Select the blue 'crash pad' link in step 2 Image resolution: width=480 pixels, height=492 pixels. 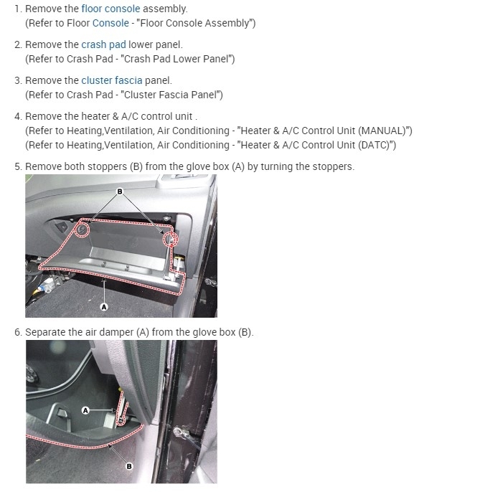point(103,44)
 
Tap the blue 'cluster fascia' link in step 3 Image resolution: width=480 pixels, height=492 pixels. point(111,80)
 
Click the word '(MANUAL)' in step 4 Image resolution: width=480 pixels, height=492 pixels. point(385,131)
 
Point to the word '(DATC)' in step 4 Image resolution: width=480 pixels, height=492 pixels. point(377,145)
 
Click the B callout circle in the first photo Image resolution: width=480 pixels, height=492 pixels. point(120,191)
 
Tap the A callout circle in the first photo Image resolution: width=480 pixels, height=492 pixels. point(105,306)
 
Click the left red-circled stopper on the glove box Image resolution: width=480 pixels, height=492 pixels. point(81,230)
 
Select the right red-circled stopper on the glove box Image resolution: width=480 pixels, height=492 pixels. point(170,239)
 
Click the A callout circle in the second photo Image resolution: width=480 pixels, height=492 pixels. point(85,410)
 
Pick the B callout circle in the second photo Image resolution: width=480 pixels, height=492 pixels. point(129,465)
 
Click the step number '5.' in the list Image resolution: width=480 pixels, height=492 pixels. point(19,166)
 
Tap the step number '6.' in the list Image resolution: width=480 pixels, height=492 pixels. point(19,333)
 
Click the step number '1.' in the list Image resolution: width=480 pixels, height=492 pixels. point(19,9)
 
